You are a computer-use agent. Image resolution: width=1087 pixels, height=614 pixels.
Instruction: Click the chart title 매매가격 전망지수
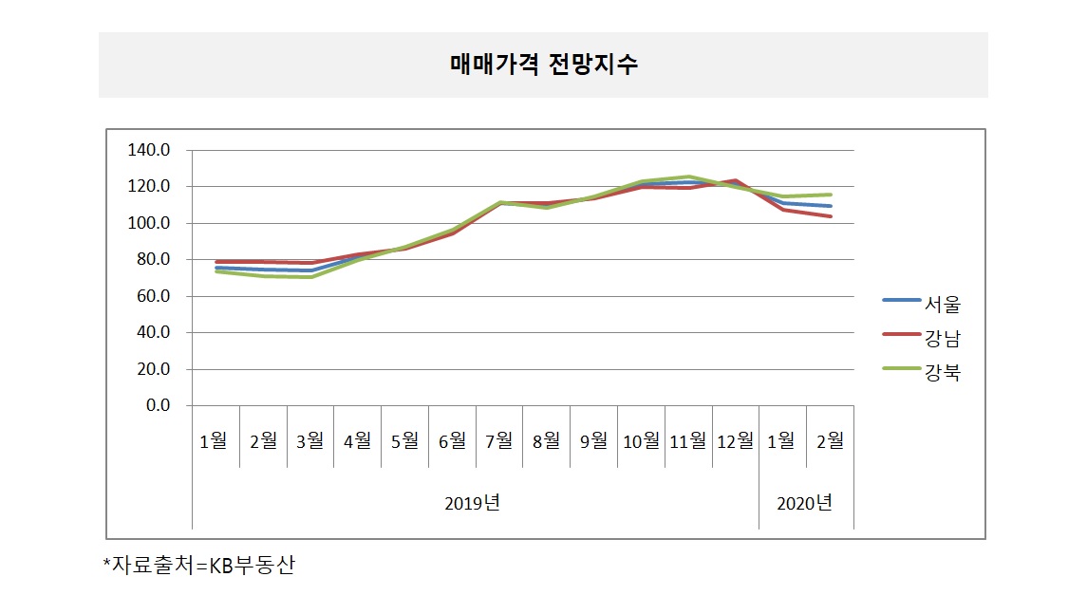pyautogui.click(x=543, y=65)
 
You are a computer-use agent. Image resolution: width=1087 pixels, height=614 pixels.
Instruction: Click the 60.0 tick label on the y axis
pyautogui.click(x=152, y=296)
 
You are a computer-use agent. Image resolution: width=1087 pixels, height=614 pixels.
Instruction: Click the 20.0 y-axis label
pyautogui.click(x=152, y=369)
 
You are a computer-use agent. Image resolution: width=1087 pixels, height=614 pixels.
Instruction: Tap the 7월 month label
pyautogui.click(x=499, y=440)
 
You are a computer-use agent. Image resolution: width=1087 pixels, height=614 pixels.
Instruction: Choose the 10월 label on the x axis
pyautogui.click(x=641, y=440)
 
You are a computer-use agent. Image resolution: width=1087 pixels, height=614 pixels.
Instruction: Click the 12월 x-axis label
pyautogui.click(x=736, y=440)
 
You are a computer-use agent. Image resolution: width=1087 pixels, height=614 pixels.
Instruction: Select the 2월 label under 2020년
pyautogui.click(x=830, y=440)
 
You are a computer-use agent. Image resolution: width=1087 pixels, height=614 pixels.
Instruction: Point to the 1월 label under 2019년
pyautogui.click(x=215, y=440)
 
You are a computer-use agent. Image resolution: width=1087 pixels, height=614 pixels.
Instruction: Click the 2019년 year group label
pyautogui.click(x=472, y=503)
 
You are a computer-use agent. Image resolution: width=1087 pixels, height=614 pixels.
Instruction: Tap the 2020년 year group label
pyautogui.click(x=804, y=503)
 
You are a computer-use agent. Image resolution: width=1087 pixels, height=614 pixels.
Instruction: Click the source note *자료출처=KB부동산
pyautogui.click(x=198, y=566)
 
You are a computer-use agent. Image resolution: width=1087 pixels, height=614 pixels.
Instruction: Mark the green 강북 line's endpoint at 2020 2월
pyautogui.click(x=831, y=195)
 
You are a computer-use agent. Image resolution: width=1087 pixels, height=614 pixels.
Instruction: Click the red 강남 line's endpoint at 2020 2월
pyautogui.click(x=831, y=216)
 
